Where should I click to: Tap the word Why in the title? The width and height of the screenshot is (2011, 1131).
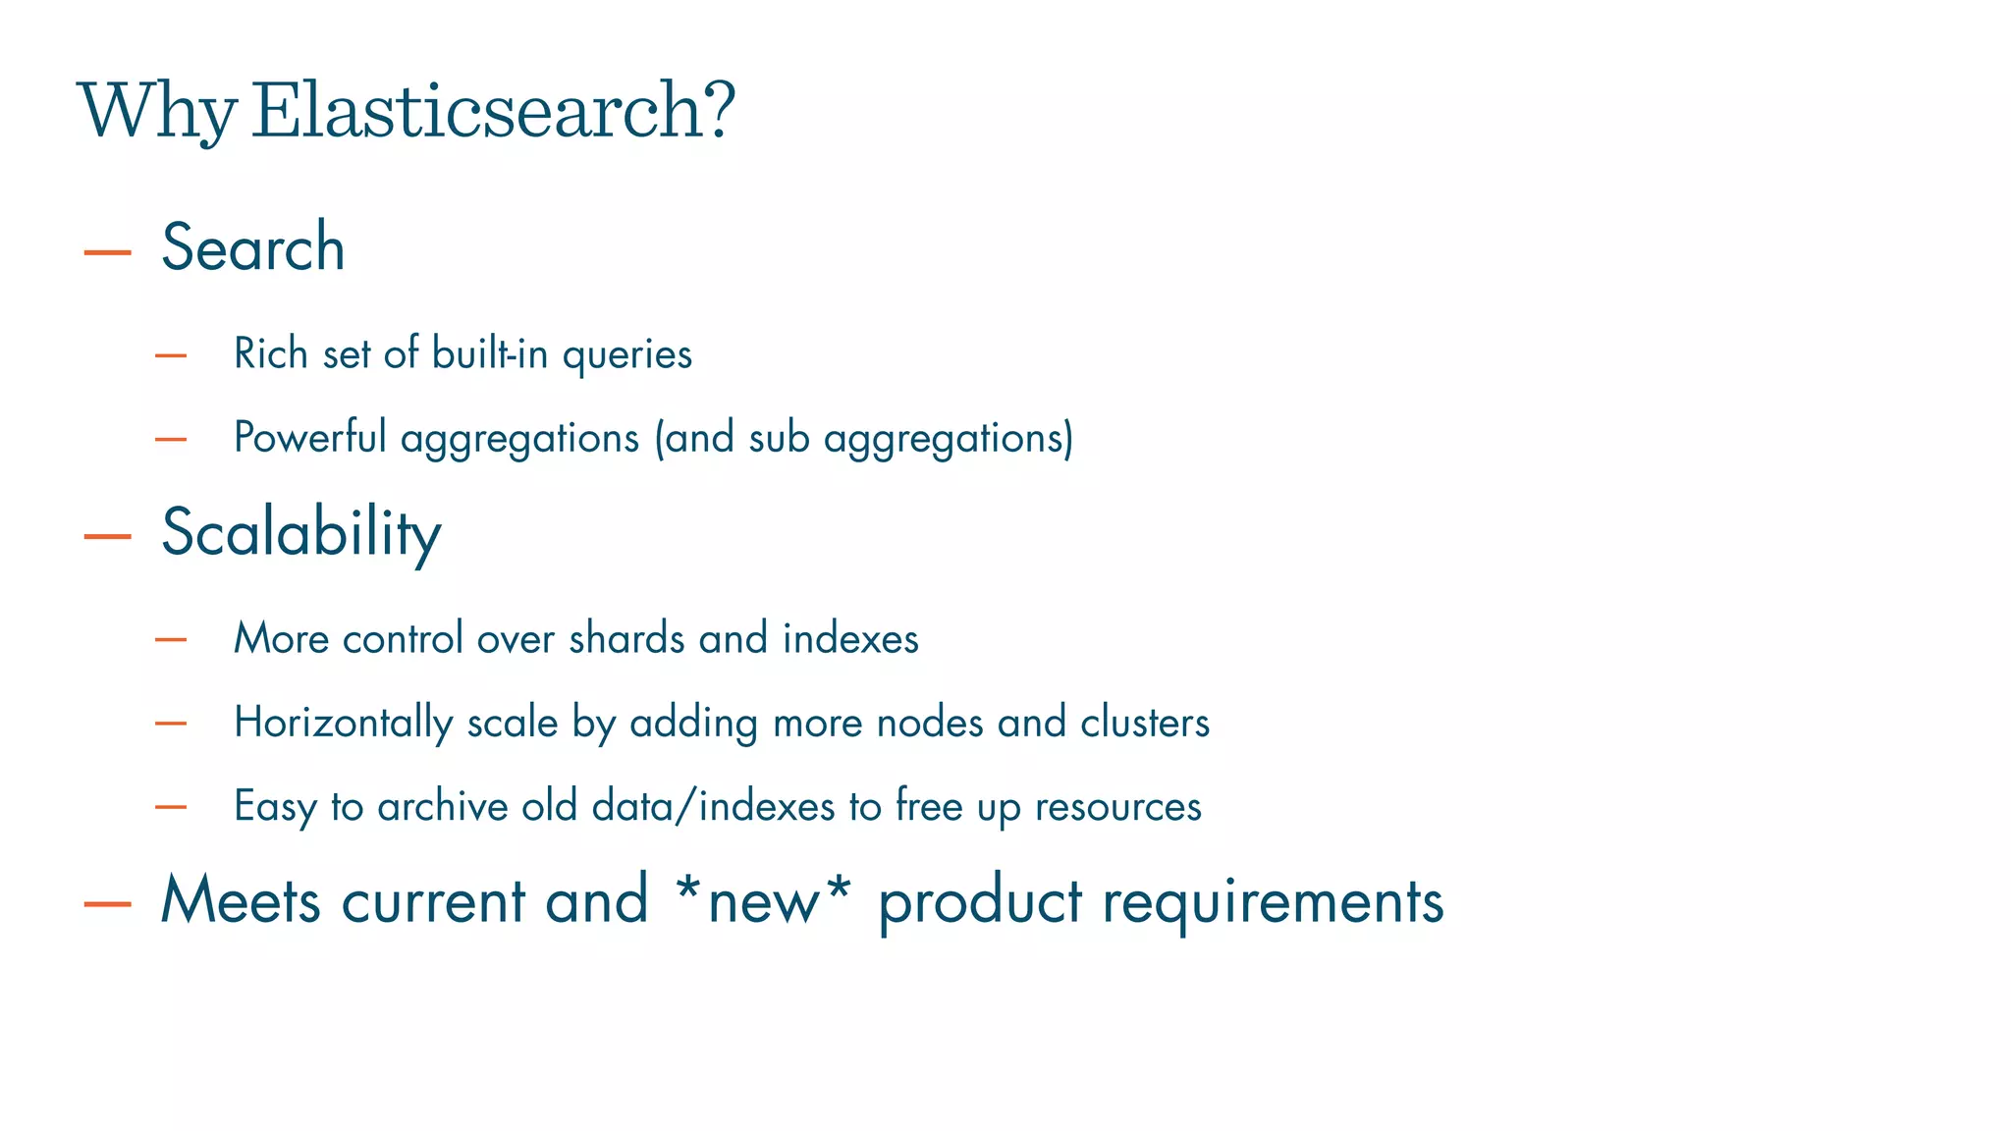(157, 112)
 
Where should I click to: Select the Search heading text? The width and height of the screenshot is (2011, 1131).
(253, 247)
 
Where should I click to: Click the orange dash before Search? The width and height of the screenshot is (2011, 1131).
(108, 253)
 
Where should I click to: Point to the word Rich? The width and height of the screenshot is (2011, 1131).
(271, 353)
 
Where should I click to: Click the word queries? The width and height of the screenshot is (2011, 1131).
(627, 355)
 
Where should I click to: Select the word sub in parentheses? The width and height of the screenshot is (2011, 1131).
(779, 438)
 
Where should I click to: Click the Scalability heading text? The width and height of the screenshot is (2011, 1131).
(301, 533)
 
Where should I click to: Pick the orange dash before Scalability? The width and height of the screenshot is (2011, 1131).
(108, 536)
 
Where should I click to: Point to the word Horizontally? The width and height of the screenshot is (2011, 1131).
(344, 724)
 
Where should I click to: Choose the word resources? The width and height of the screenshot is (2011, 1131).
(1118, 807)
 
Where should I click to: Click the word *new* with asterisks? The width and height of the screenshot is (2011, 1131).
(762, 899)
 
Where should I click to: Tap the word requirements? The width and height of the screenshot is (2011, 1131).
(1273, 901)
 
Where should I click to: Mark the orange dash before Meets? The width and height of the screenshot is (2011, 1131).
(108, 904)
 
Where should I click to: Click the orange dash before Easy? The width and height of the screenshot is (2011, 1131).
(171, 807)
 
